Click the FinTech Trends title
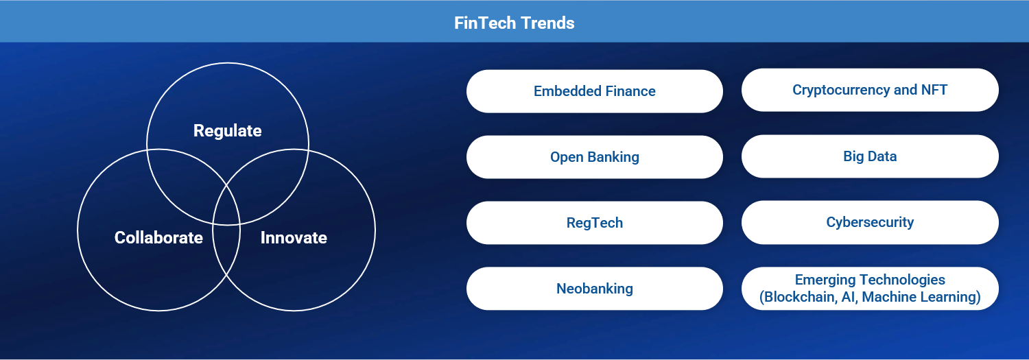(514, 23)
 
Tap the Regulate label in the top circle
(227, 131)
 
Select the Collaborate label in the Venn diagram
(158, 237)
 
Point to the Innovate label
(294, 237)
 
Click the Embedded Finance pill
(595, 91)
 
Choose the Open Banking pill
(595, 157)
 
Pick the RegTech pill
(595, 223)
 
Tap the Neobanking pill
(595, 289)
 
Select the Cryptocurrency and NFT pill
(870, 90)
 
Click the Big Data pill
(870, 156)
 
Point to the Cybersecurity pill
(870, 222)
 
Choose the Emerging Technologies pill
(870, 289)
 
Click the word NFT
(934, 90)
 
